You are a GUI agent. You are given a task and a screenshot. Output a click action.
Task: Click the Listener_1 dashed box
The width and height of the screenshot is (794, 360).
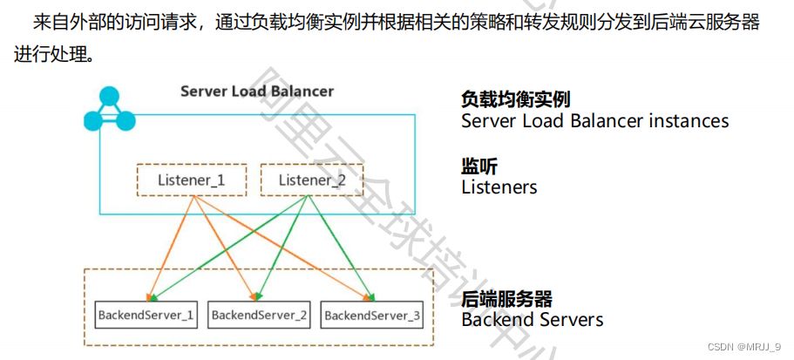(192, 180)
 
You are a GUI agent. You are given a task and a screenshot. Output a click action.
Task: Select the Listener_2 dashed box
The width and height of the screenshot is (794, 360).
(312, 180)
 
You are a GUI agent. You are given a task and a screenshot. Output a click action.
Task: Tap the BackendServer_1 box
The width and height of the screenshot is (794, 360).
(146, 314)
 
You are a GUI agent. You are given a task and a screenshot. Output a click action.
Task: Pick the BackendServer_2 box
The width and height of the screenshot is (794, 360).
(260, 314)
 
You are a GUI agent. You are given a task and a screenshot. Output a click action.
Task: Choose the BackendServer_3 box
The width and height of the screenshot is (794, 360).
(372, 314)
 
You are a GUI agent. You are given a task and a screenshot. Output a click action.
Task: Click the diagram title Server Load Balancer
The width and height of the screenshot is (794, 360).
(256, 91)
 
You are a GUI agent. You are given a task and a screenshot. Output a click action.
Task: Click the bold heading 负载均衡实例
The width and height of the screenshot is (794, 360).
(515, 99)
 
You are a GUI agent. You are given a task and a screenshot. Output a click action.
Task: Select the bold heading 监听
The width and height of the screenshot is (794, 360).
(479, 166)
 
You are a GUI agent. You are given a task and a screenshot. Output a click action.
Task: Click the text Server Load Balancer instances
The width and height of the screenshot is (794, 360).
(594, 121)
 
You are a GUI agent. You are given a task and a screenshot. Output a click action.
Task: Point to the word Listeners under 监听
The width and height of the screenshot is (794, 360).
(499, 187)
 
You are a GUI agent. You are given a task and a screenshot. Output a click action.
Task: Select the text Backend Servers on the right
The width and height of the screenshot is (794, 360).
(532, 320)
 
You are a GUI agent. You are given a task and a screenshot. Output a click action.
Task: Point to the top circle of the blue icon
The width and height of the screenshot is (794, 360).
(109, 95)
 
